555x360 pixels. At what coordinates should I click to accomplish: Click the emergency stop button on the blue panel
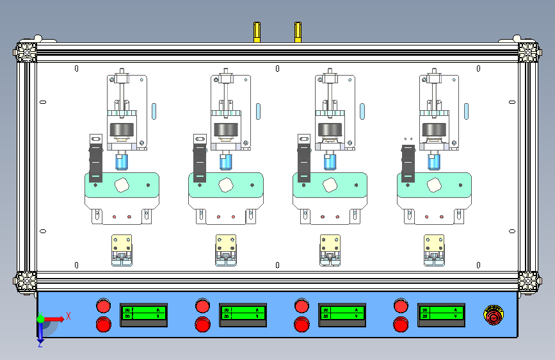pos(494,315)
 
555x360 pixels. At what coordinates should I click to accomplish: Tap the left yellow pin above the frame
pos(257,31)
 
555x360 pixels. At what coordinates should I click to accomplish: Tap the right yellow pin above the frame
pos(298,31)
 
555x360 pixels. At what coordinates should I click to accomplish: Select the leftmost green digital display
pos(143,313)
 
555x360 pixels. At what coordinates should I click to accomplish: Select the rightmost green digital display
pos(441,313)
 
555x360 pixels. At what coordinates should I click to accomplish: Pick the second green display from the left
pos(243,313)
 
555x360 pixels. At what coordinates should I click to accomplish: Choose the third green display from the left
pos(342,313)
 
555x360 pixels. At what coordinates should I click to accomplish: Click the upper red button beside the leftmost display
pos(103,304)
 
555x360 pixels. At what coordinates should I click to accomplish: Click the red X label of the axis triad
pos(68,315)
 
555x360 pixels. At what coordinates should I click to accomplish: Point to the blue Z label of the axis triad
pos(40,344)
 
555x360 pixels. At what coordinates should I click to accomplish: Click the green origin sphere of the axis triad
pos(40,318)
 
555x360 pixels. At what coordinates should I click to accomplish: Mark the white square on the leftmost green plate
pos(120,185)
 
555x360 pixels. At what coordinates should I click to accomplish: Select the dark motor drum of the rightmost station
pos(435,130)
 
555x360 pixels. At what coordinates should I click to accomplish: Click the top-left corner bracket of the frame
pos(26,51)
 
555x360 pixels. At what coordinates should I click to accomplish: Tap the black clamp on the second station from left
pos(200,160)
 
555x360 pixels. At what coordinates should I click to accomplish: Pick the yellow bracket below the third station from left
pos(330,244)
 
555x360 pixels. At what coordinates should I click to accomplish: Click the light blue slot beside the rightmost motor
pos(466,111)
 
